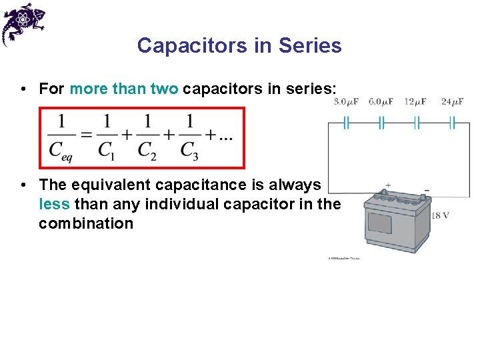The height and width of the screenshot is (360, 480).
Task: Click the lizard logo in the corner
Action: (23, 23)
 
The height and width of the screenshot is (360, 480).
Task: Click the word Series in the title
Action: (310, 45)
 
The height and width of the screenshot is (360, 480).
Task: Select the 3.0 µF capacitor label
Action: (346, 102)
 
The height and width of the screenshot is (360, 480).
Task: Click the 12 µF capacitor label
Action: (415, 102)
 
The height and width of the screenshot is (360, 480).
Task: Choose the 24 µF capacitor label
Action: (453, 102)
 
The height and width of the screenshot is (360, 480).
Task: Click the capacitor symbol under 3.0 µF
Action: (347, 123)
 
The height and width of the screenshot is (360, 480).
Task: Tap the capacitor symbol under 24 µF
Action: (452, 123)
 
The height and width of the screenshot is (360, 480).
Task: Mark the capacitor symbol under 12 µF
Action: (417, 123)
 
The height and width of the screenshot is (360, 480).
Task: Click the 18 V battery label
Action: (441, 215)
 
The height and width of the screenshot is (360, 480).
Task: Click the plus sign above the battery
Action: (388, 186)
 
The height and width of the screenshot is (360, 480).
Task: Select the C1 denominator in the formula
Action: (105, 151)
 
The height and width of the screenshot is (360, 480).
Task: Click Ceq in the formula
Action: (61, 151)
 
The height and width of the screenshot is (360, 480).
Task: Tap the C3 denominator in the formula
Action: (190, 151)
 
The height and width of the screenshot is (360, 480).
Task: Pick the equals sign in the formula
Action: (85, 135)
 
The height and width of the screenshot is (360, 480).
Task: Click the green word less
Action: (54, 203)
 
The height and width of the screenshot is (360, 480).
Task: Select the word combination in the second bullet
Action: (86, 223)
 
